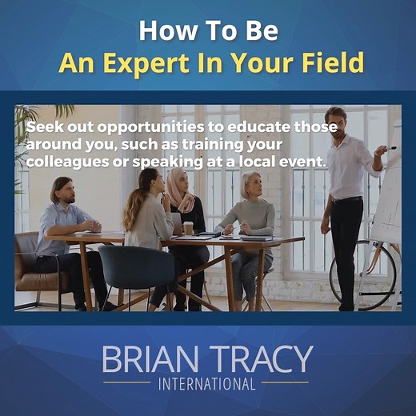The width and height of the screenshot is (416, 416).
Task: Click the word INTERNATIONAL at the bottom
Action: point(207,384)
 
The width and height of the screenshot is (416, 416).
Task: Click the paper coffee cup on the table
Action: point(188,228)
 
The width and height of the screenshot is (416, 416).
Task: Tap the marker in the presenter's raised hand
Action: point(390,148)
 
